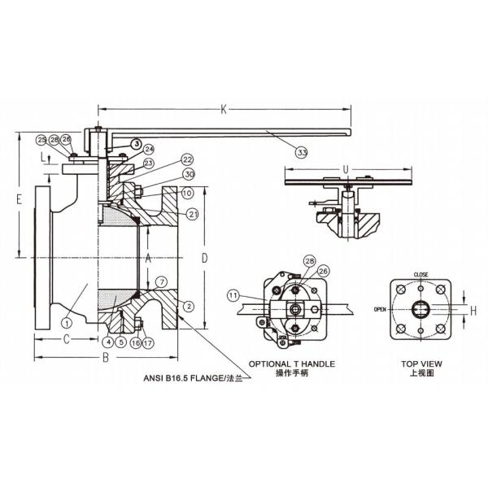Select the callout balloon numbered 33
(303, 151)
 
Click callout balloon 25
(41, 140)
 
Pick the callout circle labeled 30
(188, 174)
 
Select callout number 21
(192, 214)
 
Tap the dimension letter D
(205, 257)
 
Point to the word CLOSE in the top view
(420, 274)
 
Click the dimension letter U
(346, 169)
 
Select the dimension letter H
(473, 310)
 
